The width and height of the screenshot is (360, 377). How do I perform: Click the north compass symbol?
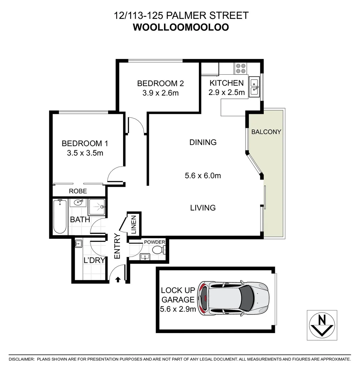[322, 325]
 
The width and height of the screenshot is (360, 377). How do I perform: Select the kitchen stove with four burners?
[240, 68]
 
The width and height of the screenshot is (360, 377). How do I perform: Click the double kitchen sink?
[254, 86]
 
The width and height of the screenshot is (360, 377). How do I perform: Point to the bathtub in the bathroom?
[60, 216]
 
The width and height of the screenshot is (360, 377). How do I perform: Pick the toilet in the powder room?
[159, 250]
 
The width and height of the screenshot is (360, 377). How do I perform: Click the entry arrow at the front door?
[118, 279]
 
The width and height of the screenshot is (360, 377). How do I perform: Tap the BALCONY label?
[266, 132]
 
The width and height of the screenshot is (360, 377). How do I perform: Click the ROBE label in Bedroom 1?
[78, 191]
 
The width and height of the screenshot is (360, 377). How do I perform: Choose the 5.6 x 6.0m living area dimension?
[203, 176]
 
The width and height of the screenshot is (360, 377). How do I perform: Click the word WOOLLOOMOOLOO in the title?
[181, 28]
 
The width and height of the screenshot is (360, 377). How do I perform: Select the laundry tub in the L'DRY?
[78, 244]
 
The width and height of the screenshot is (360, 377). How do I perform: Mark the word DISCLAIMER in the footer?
[22, 359]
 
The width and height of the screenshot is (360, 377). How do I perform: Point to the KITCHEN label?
[226, 83]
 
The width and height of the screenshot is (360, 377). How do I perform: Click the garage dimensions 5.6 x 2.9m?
[178, 309]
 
